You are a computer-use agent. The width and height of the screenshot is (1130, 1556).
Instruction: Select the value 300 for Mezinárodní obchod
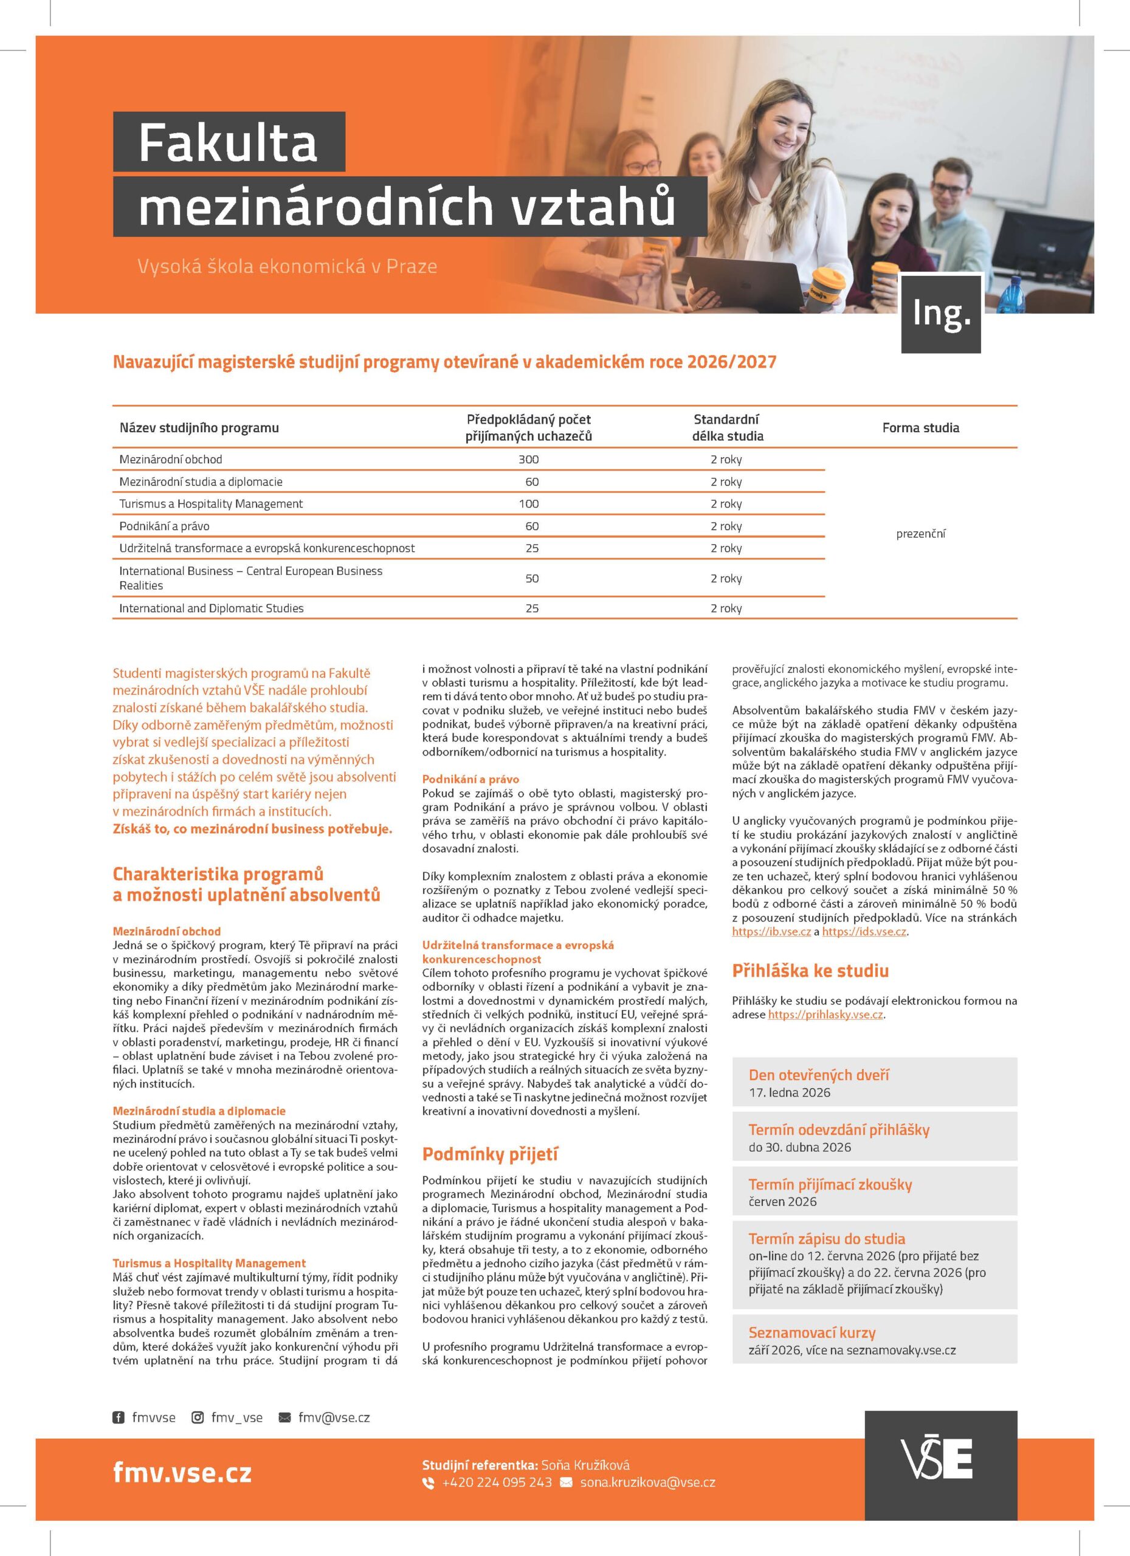tap(528, 460)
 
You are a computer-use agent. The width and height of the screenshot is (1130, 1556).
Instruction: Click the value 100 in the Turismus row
tap(528, 504)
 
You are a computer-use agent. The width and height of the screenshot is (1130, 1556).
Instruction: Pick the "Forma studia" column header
tap(920, 427)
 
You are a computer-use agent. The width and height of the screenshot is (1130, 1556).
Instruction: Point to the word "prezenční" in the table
tap(920, 534)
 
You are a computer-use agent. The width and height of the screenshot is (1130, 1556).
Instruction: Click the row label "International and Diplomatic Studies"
tap(212, 608)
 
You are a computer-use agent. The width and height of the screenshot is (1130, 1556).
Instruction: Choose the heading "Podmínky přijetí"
tap(490, 1154)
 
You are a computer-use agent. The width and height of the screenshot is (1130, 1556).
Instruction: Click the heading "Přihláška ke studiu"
tap(810, 971)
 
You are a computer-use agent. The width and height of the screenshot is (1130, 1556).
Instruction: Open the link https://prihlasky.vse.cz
tap(825, 1014)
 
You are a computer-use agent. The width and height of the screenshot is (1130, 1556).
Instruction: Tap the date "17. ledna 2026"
tap(789, 1092)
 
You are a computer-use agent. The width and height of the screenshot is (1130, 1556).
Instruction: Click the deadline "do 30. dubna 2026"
tap(799, 1147)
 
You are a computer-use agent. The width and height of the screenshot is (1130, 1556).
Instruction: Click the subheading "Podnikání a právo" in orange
tap(470, 779)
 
